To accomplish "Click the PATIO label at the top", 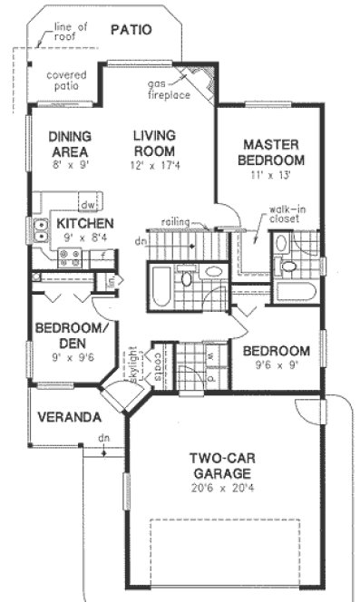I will click(131, 30).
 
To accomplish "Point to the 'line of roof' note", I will click(71, 32).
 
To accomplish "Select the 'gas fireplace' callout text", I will click(169, 89).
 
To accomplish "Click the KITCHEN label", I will click(84, 223).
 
